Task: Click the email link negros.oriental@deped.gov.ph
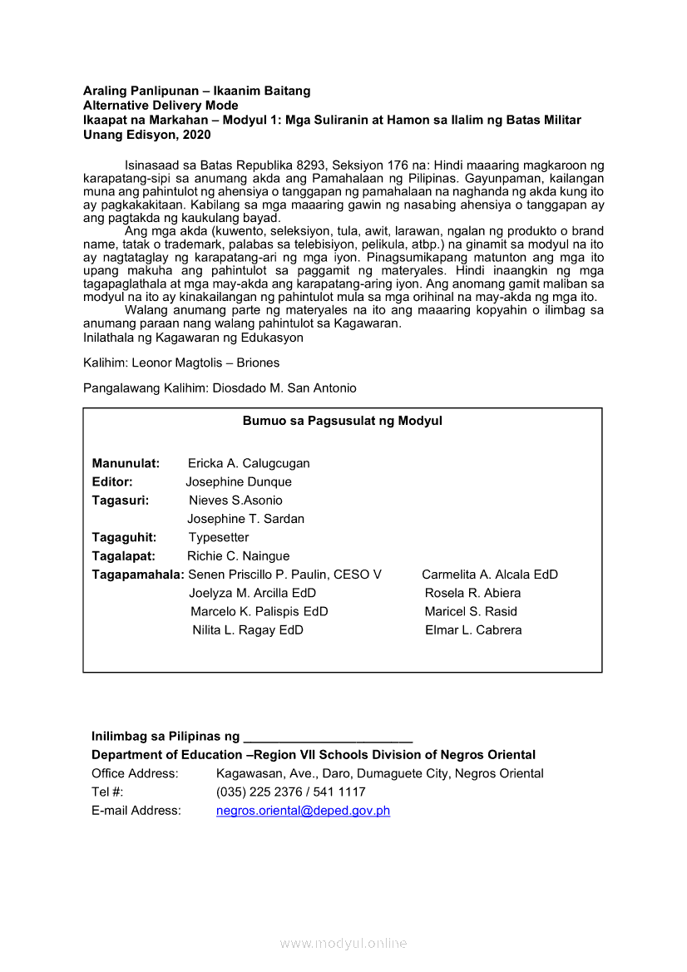click(x=303, y=811)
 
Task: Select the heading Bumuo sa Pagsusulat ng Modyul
click(x=342, y=421)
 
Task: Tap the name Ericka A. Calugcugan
click(x=249, y=464)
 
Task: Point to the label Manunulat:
click(x=126, y=464)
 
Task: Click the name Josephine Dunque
click(x=239, y=482)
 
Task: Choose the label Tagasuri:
click(x=121, y=501)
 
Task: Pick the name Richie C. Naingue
click(x=239, y=556)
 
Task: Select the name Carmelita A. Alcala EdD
click(x=490, y=575)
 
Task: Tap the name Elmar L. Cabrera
click(x=473, y=630)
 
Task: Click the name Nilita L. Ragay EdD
click(x=248, y=630)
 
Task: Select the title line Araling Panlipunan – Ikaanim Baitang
click(x=196, y=91)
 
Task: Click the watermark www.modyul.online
click(x=343, y=944)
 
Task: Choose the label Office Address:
click(x=135, y=774)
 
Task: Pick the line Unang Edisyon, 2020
click(x=147, y=135)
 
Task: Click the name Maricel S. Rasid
click(x=471, y=612)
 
